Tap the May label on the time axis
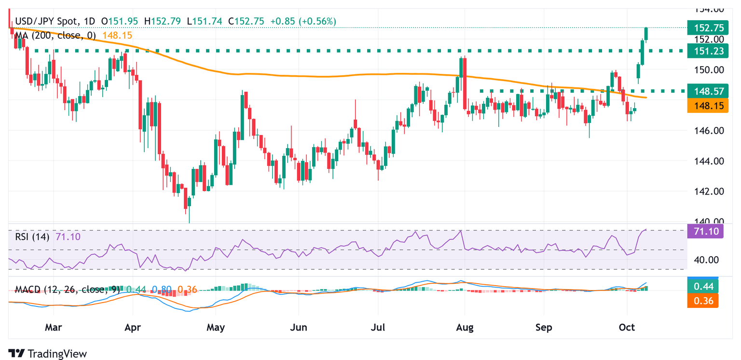tap(216, 328)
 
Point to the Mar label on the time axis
tap(53, 328)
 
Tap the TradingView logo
tap(48, 353)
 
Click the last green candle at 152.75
tap(646, 34)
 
